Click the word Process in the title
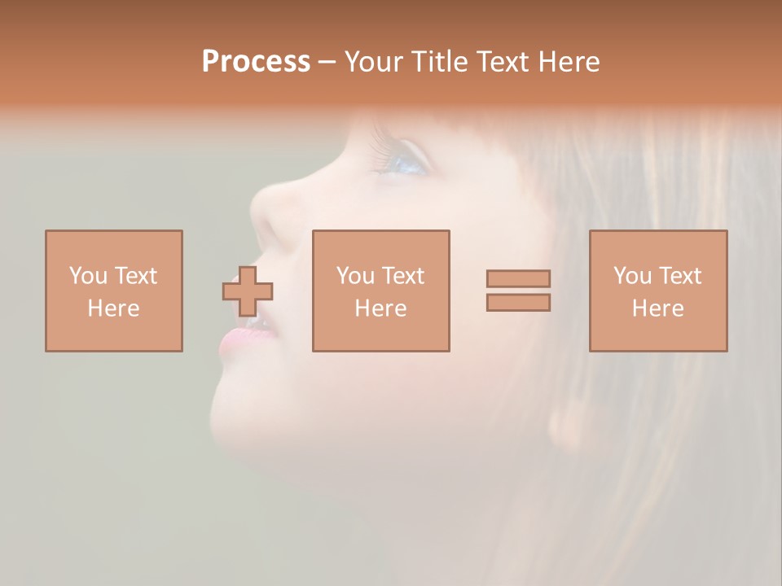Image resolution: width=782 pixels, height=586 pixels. (256, 62)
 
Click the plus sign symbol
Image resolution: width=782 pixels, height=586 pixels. (248, 291)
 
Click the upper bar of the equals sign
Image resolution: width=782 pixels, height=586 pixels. (518, 278)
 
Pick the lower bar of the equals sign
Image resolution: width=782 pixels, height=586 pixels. (518, 303)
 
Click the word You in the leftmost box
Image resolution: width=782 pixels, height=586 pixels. (87, 276)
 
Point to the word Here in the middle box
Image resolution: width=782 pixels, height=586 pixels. (381, 308)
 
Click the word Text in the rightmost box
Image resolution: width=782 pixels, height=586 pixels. (679, 276)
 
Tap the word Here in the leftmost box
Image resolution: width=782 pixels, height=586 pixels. (114, 308)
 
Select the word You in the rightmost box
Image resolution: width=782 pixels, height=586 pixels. (632, 276)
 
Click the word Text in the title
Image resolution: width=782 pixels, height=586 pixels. (505, 62)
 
